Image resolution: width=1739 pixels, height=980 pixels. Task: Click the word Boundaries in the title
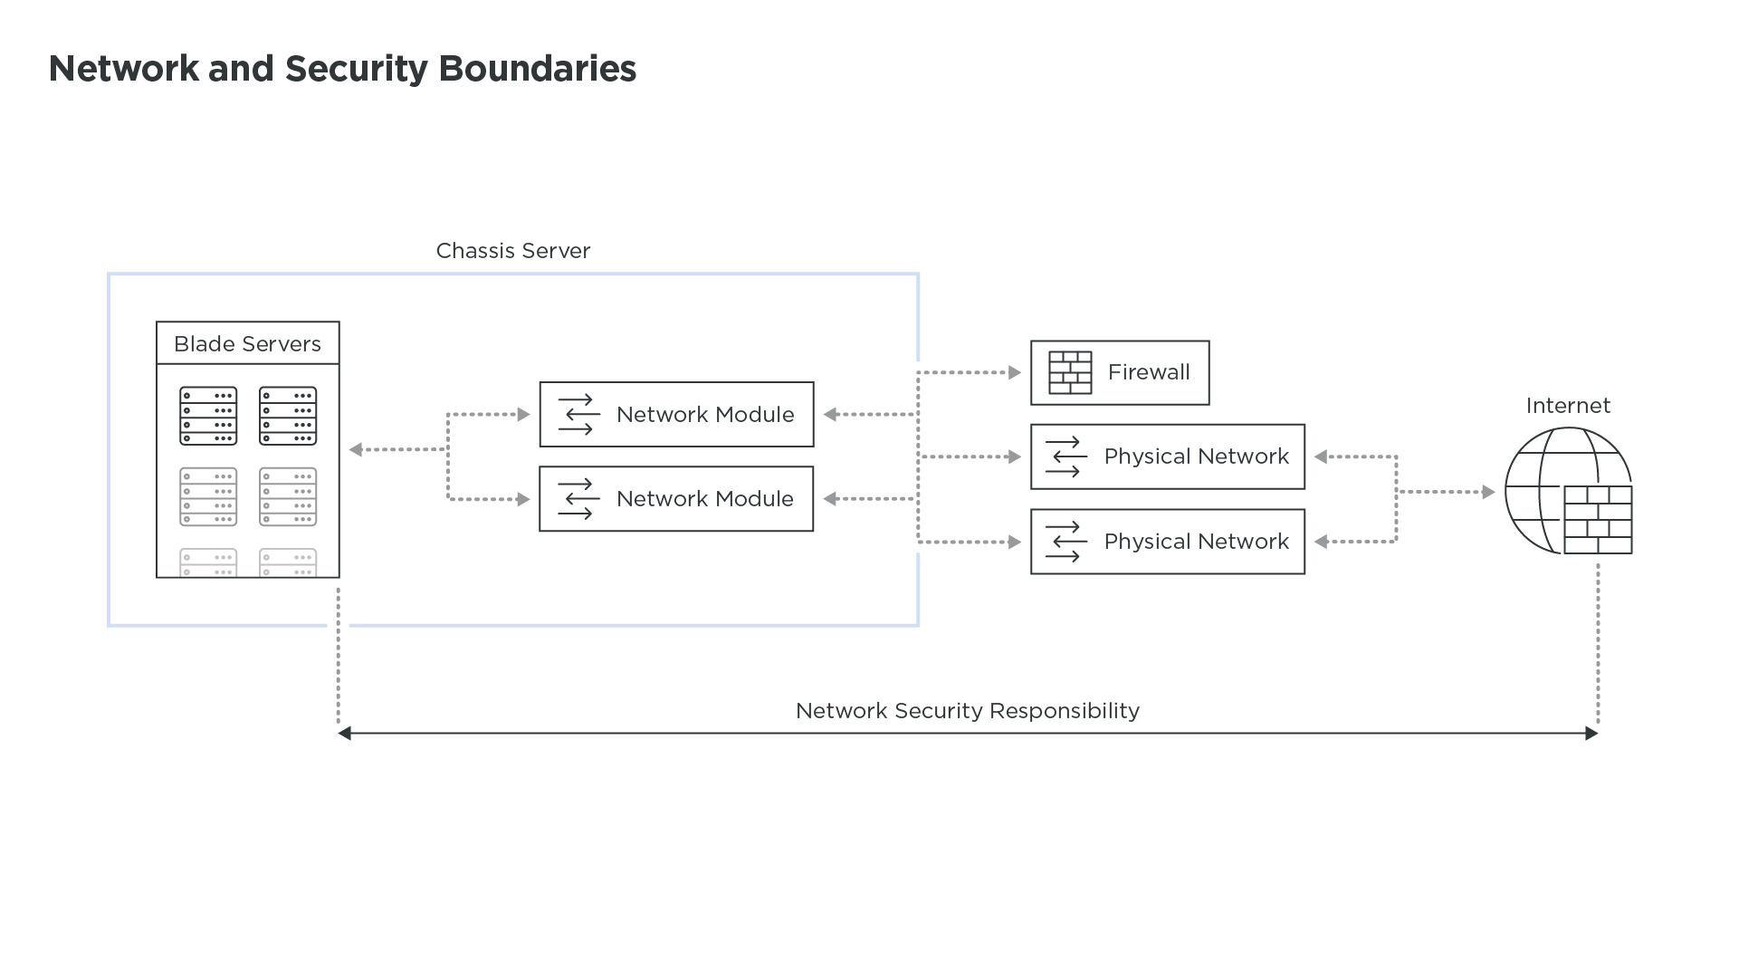[x=537, y=69]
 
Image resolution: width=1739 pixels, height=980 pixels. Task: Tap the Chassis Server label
[x=512, y=251]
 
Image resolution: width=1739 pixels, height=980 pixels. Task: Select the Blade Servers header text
[x=247, y=344]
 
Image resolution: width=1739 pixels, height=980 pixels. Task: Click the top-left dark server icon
[x=208, y=417]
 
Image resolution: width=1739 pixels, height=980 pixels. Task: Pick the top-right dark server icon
[x=288, y=417]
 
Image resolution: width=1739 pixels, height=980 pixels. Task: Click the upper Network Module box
[x=676, y=415]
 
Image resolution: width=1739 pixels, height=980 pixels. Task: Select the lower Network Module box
[x=676, y=499]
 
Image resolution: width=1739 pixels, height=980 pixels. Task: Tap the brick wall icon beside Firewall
[x=1070, y=373]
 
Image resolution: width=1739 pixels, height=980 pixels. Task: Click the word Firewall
[x=1149, y=372]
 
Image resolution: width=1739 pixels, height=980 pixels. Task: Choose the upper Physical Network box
[x=1167, y=456]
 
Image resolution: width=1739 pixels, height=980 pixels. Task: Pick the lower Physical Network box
[x=1167, y=542]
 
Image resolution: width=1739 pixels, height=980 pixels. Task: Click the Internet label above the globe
[x=1568, y=406]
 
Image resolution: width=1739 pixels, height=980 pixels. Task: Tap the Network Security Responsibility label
[x=967, y=711]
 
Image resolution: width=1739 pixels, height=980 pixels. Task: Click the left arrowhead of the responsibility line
[x=344, y=734]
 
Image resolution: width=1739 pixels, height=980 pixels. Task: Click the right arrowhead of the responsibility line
[x=1592, y=734]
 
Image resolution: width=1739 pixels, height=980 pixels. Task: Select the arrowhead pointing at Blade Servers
[x=355, y=449]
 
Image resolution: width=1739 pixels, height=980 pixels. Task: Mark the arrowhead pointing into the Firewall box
[x=1015, y=372]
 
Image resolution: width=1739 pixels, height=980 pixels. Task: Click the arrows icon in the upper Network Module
[x=578, y=415]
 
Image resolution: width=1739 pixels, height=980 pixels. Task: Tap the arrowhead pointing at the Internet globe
[x=1488, y=492]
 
